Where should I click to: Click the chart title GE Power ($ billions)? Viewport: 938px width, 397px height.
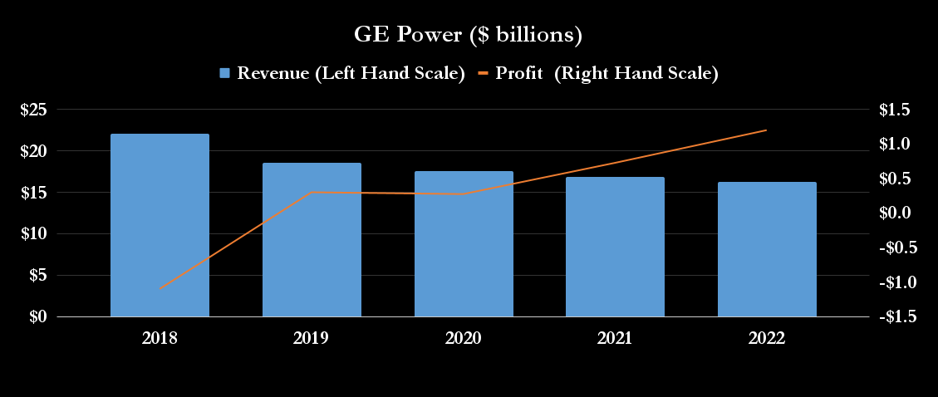469,36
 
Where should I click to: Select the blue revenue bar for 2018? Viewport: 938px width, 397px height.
160,225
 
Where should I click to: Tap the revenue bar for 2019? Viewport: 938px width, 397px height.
312,240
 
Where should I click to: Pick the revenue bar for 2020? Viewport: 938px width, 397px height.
464,244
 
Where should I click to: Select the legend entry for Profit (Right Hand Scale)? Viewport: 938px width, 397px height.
598,73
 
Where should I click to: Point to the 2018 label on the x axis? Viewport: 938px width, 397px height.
160,338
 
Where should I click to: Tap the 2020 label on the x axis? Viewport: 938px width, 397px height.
464,338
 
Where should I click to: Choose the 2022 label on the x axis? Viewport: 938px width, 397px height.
767,338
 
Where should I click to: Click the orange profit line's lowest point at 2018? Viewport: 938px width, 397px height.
160,289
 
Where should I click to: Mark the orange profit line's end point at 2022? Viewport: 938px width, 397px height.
766,130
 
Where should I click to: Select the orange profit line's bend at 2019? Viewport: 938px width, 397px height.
312,193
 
